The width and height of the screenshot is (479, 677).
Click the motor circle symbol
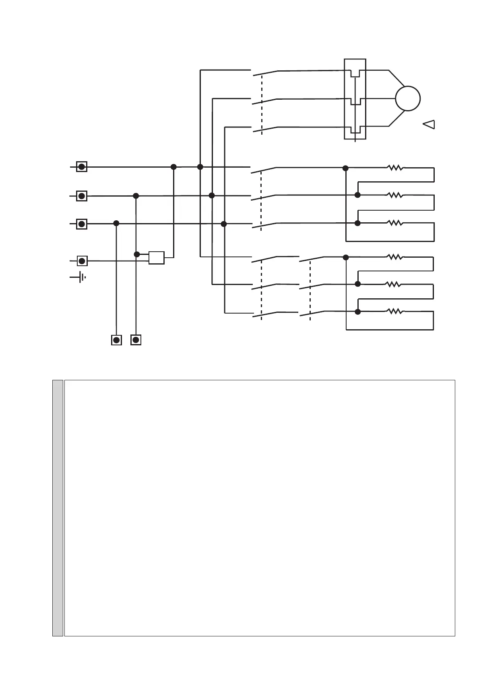408,98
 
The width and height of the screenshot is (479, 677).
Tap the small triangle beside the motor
429,125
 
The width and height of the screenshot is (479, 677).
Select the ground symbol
81,277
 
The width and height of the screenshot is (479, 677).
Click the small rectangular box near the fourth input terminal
156,258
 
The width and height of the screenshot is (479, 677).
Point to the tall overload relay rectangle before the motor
355,99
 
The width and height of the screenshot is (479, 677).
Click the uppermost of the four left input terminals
82,167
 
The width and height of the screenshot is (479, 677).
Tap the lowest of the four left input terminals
82,261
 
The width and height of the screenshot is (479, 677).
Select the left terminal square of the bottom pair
116,340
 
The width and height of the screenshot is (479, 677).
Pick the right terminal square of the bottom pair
136,340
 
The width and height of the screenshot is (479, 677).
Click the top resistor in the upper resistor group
395,168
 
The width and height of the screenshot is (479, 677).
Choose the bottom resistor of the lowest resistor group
394,312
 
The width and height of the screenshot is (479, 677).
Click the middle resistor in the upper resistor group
395,195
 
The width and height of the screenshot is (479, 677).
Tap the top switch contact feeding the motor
265,73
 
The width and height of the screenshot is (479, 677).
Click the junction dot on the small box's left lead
136,254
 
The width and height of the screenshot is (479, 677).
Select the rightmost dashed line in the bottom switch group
310,289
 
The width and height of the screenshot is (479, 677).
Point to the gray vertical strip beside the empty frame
58,508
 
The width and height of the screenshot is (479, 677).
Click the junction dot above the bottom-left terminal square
116,223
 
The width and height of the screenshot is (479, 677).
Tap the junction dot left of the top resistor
345,168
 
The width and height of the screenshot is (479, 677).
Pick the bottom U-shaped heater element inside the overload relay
355,129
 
